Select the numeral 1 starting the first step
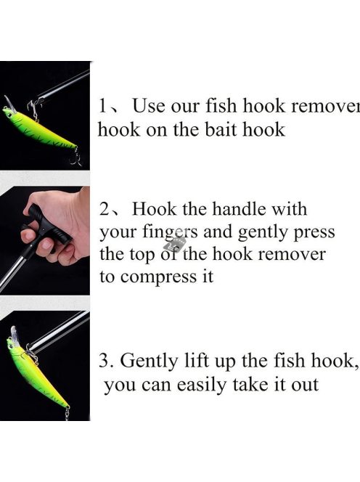103,106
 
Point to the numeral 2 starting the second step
105,210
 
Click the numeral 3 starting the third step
103,361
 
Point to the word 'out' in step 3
303,385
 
